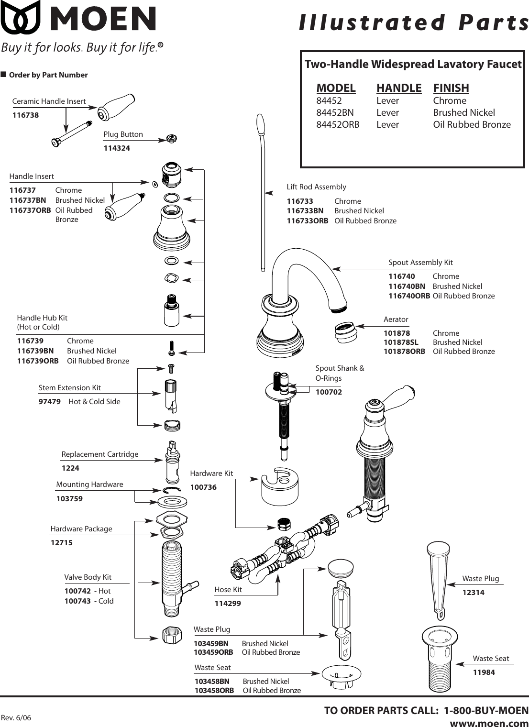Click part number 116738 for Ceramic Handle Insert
coord(25,115)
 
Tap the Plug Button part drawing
coord(172,138)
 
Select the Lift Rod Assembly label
coord(316,187)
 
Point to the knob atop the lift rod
coord(260,124)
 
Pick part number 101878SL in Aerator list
coord(400,342)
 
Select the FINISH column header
coord(451,88)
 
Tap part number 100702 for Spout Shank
coord(329,392)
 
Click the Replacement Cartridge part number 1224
coord(70,468)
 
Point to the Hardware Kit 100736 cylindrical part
coord(280,486)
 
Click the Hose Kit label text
coord(228,590)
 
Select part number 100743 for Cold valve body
coord(77,601)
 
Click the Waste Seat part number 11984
coord(484,672)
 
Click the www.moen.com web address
coord(489,722)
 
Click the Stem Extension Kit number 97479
coord(49,402)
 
